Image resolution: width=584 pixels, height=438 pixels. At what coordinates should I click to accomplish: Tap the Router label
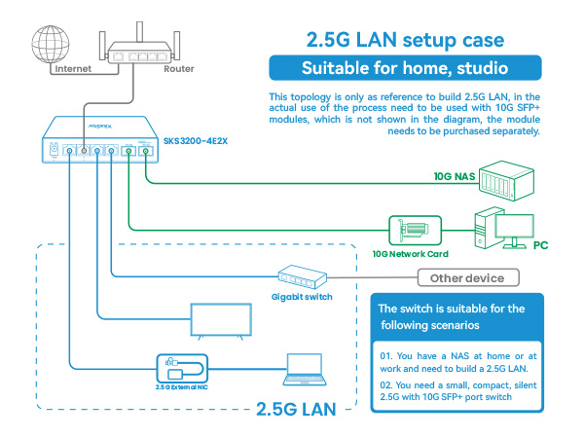(x=178, y=69)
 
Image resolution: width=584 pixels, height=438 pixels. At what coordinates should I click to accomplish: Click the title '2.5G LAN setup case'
(x=405, y=41)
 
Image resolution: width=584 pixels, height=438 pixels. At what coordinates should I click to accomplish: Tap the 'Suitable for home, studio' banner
(x=405, y=69)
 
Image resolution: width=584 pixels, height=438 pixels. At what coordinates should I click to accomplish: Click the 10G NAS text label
(x=456, y=177)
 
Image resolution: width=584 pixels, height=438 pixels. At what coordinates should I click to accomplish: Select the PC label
(x=541, y=245)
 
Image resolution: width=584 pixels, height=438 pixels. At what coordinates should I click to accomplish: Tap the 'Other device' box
(x=467, y=278)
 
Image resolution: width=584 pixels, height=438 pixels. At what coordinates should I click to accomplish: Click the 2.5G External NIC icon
(x=181, y=368)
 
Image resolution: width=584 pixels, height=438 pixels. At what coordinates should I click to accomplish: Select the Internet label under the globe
(x=73, y=69)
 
